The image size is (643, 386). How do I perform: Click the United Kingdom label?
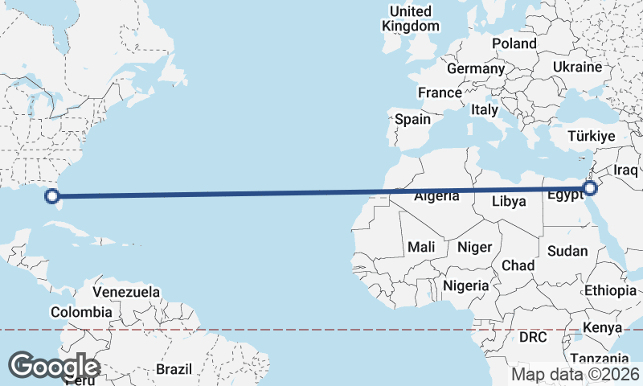pyautogui.click(x=411, y=18)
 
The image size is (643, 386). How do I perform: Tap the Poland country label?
pyautogui.click(x=514, y=43)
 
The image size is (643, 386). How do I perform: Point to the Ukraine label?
pyautogui.click(x=577, y=67)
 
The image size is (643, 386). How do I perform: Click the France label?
pyautogui.click(x=440, y=92)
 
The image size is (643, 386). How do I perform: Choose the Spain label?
pyautogui.click(x=412, y=119)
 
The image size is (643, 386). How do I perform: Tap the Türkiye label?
pyautogui.click(x=591, y=136)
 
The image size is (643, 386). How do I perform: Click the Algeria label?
pyautogui.click(x=437, y=196)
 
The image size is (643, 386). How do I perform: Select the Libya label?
pyautogui.click(x=508, y=201)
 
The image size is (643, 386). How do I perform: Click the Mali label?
pyautogui.click(x=421, y=247)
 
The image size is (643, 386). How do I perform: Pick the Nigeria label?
pyautogui.click(x=466, y=285)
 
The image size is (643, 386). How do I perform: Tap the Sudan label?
pyautogui.click(x=567, y=251)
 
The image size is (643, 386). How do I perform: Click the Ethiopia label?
pyautogui.click(x=610, y=290)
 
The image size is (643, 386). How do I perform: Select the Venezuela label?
pyautogui.click(x=126, y=292)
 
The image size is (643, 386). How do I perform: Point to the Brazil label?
pyautogui.click(x=174, y=369)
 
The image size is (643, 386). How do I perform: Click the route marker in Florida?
pyautogui.click(x=52, y=195)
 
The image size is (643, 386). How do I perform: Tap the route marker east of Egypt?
pyautogui.click(x=591, y=188)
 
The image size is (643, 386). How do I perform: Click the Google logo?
pyautogui.click(x=55, y=366)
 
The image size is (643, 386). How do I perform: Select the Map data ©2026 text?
pyautogui.click(x=575, y=374)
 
